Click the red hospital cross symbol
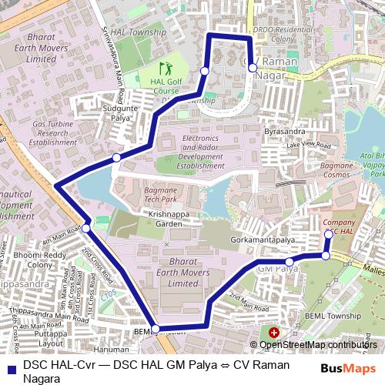pyautogui.click(x=274, y=332)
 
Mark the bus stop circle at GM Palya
pyautogui.click(x=290, y=262)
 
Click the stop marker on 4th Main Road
pyautogui.click(x=87, y=228)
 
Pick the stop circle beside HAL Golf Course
pyautogui.click(x=204, y=71)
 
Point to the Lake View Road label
pyautogui.click(x=307, y=145)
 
